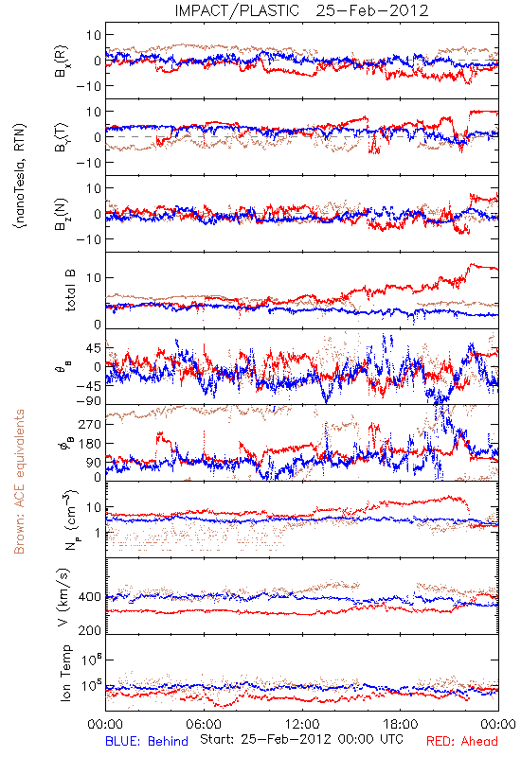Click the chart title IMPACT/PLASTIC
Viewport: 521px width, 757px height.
(237, 10)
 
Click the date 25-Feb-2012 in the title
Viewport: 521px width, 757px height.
(372, 10)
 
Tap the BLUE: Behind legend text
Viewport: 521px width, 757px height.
(147, 741)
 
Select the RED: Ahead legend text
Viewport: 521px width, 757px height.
(462, 741)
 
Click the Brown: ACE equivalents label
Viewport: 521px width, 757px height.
(19, 482)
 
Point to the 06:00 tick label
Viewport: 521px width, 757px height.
(204, 724)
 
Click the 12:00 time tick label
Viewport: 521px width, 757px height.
(302, 724)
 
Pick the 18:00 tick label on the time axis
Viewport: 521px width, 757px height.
(401, 724)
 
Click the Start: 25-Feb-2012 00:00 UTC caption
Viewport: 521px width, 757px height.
(301, 739)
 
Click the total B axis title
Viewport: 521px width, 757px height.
(70, 290)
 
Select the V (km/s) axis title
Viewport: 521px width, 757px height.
(63, 596)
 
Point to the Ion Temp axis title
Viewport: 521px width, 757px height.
(65, 673)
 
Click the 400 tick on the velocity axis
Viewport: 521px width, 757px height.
(90, 597)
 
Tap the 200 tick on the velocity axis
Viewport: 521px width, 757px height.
(90, 630)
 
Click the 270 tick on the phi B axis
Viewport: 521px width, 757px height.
(90, 424)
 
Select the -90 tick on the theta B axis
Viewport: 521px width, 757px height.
(89, 401)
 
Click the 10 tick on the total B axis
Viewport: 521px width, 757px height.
(94, 277)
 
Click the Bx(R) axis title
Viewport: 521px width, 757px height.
(62, 61)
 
